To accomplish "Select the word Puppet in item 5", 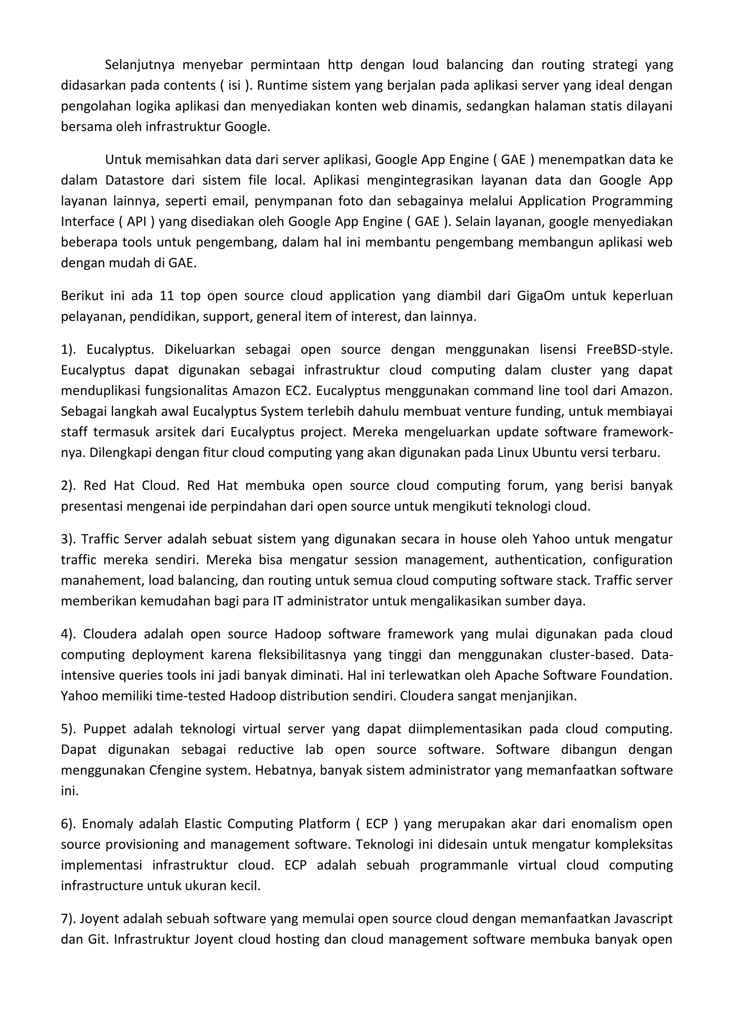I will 105,729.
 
